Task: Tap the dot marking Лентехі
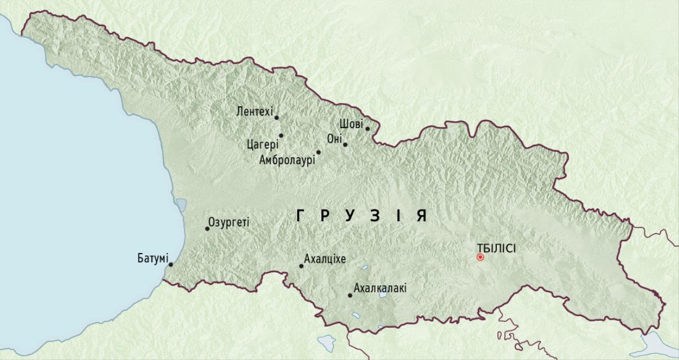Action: coord(277,118)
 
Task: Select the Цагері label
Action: coord(263,143)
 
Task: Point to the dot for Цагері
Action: coord(281,135)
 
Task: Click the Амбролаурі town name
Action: coord(286,160)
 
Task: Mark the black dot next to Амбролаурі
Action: coord(319,152)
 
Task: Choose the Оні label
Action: coord(334,139)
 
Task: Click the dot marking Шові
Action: coord(367,128)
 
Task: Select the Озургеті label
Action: coord(229,222)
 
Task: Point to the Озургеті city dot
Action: coord(207,229)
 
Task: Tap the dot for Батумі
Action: coord(171,264)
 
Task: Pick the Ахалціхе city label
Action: coord(325,259)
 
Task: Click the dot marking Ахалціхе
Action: coord(301,266)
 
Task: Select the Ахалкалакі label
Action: coord(380,289)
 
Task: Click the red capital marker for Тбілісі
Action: coord(480,257)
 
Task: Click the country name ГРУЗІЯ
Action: coord(361,216)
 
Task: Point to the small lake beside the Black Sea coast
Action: coord(181,204)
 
